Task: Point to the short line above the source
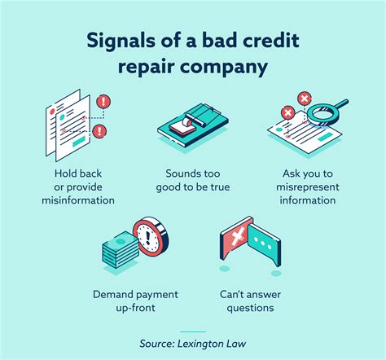[193, 331]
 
